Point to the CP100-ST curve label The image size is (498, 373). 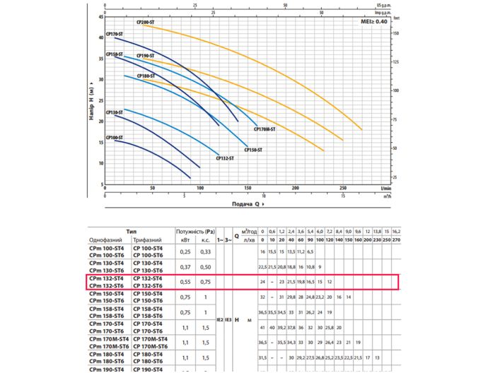114,137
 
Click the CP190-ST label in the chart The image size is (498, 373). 145,55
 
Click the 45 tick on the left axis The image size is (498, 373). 100,17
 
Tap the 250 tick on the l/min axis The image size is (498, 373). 343,189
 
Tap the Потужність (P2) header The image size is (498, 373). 195,232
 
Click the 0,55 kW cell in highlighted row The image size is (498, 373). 185,282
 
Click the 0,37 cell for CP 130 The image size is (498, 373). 185,266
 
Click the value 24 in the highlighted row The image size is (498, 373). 262,282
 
